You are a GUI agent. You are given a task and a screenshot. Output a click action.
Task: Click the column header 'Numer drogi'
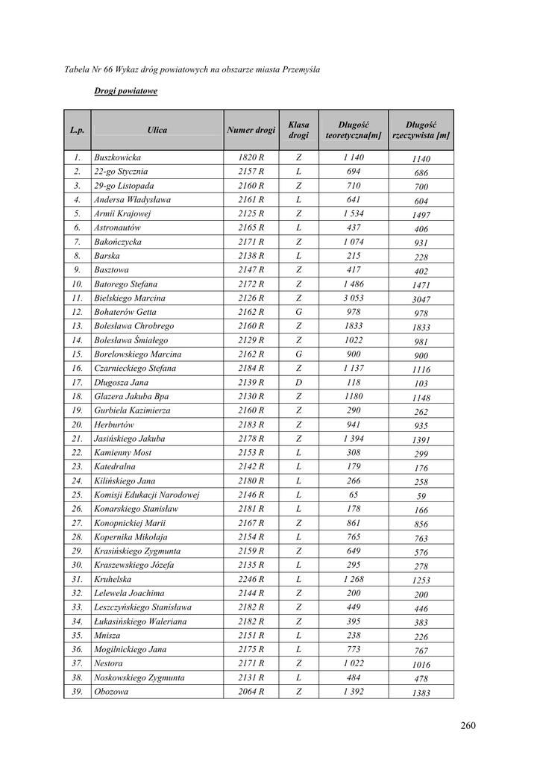[251, 130]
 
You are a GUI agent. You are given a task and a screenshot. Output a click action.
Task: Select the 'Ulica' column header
[157, 130]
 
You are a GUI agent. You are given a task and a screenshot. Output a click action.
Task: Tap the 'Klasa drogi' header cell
[298, 130]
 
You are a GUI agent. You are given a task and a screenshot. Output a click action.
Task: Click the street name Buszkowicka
[117, 158]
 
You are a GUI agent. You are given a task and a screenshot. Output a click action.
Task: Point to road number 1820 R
[251, 158]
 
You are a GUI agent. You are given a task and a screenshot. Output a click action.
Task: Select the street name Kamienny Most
[122, 453]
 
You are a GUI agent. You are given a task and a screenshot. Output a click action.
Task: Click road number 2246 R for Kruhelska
[251, 579]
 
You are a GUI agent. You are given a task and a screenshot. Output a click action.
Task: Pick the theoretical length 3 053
[353, 298]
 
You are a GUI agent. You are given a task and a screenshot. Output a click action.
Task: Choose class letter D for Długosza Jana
[298, 383]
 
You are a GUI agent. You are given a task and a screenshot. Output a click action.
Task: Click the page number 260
[468, 725]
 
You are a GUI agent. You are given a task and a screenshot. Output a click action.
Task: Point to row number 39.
[77, 692]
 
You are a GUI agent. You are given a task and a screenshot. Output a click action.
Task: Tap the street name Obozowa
[111, 692]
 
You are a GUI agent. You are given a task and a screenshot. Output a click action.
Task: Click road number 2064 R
[251, 692]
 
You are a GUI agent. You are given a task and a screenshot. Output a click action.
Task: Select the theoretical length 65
[353, 495]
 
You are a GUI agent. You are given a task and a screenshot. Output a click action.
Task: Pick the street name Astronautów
[118, 228]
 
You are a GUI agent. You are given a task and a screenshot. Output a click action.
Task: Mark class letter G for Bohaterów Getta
[298, 313]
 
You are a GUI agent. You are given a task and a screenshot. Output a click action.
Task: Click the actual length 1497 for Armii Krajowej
[421, 216]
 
